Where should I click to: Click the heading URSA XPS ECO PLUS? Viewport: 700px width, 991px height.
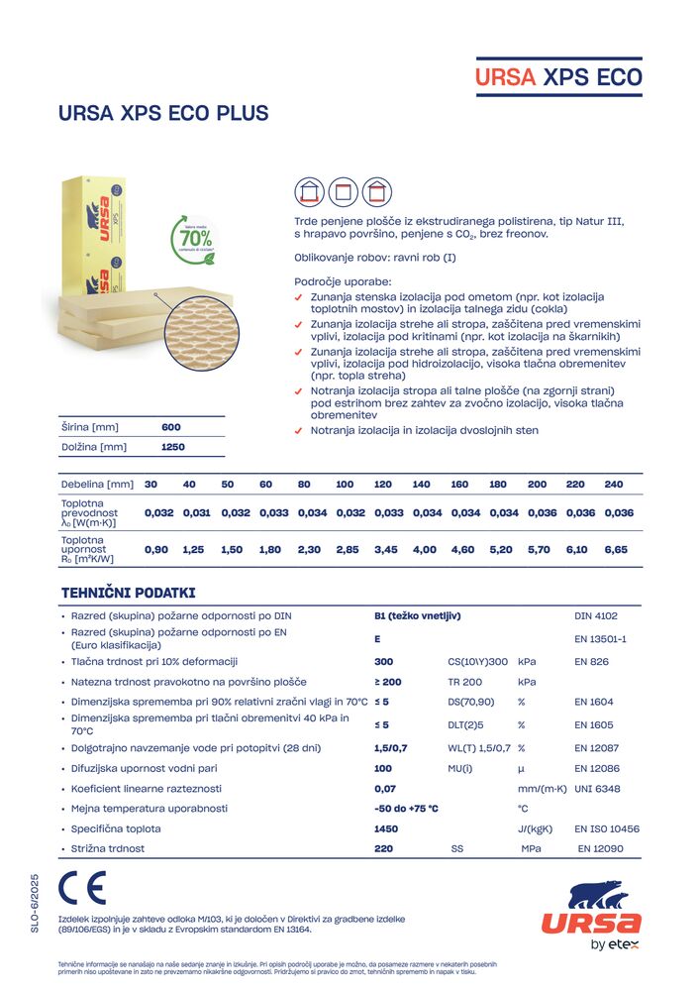click(163, 113)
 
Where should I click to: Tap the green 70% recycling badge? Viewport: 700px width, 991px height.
click(196, 239)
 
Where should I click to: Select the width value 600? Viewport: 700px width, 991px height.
click(171, 427)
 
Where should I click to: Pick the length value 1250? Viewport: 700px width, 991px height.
click(172, 447)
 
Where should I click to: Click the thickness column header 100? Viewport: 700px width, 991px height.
click(345, 484)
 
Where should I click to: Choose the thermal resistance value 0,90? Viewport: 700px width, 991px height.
click(156, 549)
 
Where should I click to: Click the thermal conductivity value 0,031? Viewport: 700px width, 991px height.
click(196, 513)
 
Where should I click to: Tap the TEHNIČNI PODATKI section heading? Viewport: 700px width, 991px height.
click(129, 593)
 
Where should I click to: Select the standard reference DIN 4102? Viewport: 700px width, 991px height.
click(596, 616)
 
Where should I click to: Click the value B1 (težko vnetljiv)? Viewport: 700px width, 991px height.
click(418, 616)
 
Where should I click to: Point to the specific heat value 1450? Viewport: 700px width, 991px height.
click(386, 828)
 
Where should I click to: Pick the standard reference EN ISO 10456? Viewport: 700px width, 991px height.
click(607, 828)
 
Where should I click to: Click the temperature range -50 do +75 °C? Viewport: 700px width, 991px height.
click(406, 809)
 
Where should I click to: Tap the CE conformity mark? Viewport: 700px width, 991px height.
click(82, 888)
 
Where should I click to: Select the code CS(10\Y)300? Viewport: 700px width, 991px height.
click(477, 661)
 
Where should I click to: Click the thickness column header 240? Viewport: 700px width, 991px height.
click(614, 484)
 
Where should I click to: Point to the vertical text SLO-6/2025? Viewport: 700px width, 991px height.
click(34, 903)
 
